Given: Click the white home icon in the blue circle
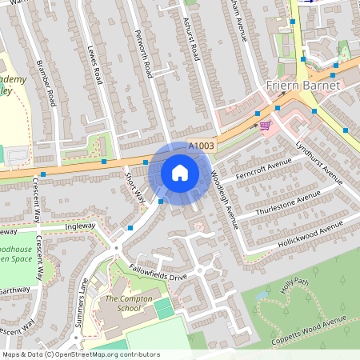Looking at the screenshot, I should [180, 173].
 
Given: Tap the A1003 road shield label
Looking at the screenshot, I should [200, 146].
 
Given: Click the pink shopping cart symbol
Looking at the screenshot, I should [265, 126].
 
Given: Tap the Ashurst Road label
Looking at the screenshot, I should [191, 39].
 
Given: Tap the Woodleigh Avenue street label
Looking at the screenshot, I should [226, 200].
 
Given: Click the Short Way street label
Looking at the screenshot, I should [136, 186].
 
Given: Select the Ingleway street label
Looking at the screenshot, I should [78, 226].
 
